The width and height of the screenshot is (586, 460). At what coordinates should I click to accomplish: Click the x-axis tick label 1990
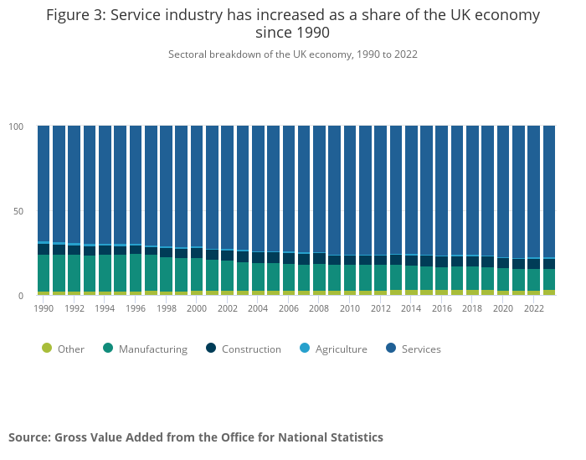point(44,308)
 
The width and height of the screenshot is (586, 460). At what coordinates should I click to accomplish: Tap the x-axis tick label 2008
point(319,308)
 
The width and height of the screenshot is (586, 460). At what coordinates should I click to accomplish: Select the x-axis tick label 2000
point(197,308)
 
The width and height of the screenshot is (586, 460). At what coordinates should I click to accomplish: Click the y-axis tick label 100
point(17,127)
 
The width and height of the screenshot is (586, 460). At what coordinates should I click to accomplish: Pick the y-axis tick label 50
point(19,211)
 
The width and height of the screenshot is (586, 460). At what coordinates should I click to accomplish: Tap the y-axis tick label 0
point(22,296)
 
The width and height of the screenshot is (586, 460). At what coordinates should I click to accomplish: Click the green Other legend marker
point(46,349)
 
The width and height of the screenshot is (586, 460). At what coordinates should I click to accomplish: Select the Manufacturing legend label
point(152,349)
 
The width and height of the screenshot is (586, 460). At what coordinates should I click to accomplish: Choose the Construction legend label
point(251,349)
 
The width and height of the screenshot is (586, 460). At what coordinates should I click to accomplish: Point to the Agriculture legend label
point(341,349)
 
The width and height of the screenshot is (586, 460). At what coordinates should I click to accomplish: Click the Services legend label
point(420,349)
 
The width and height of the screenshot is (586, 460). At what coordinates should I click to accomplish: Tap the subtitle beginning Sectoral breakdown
point(293,54)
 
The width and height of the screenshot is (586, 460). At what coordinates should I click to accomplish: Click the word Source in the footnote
point(29,437)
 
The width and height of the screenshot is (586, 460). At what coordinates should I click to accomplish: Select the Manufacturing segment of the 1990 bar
point(44,273)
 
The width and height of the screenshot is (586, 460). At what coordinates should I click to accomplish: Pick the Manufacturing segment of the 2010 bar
point(350,278)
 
